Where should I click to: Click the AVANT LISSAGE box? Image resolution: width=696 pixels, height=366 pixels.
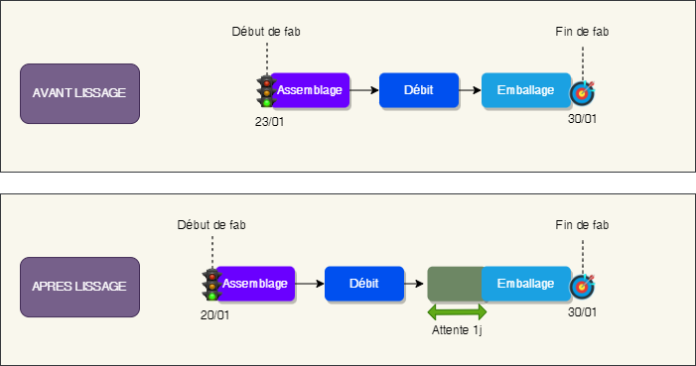[x=78, y=92]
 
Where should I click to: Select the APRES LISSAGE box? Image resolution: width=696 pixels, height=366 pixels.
[x=78, y=286]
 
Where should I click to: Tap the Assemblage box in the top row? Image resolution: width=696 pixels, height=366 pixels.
[x=311, y=90]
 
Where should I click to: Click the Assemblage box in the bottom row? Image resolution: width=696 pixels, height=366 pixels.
[x=256, y=284]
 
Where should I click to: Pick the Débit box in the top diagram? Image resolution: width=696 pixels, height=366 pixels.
[x=418, y=90]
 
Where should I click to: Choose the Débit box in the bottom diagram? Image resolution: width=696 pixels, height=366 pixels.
[x=363, y=284]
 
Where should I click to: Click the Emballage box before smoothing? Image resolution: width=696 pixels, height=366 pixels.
[x=525, y=90]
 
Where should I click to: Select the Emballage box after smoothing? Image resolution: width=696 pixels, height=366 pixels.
[x=525, y=284]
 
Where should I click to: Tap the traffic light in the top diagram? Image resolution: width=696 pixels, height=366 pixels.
[x=265, y=91]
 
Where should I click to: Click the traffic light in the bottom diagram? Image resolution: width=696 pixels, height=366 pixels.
[x=210, y=285]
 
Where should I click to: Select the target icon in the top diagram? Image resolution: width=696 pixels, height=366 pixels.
[x=582, y=92]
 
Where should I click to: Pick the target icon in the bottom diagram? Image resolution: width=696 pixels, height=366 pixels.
[x=582, y=286]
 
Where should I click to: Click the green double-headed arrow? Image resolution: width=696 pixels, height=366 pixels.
[x=457, y=312]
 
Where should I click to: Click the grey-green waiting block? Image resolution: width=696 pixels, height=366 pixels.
[x=455, y=285]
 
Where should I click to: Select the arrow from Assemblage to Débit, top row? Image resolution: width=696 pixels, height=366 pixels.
[x=364, y=90]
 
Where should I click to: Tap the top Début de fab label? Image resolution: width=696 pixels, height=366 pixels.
[x=265, y=32]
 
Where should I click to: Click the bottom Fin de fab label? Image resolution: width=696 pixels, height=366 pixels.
[x=582, y=225]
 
